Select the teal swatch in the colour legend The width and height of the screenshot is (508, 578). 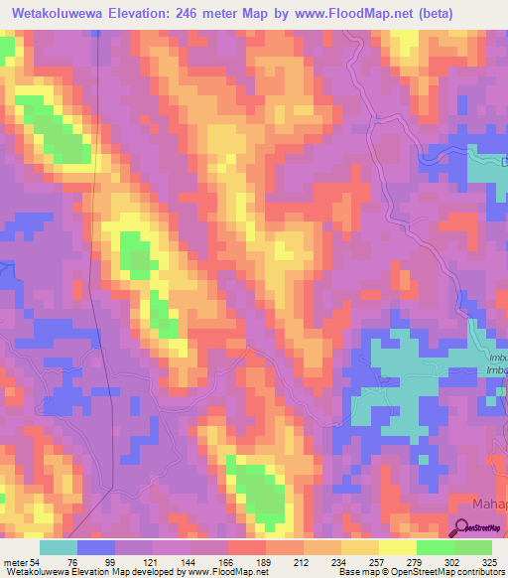tap(59, 547)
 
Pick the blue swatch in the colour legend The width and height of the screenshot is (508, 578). tap(96, 547)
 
